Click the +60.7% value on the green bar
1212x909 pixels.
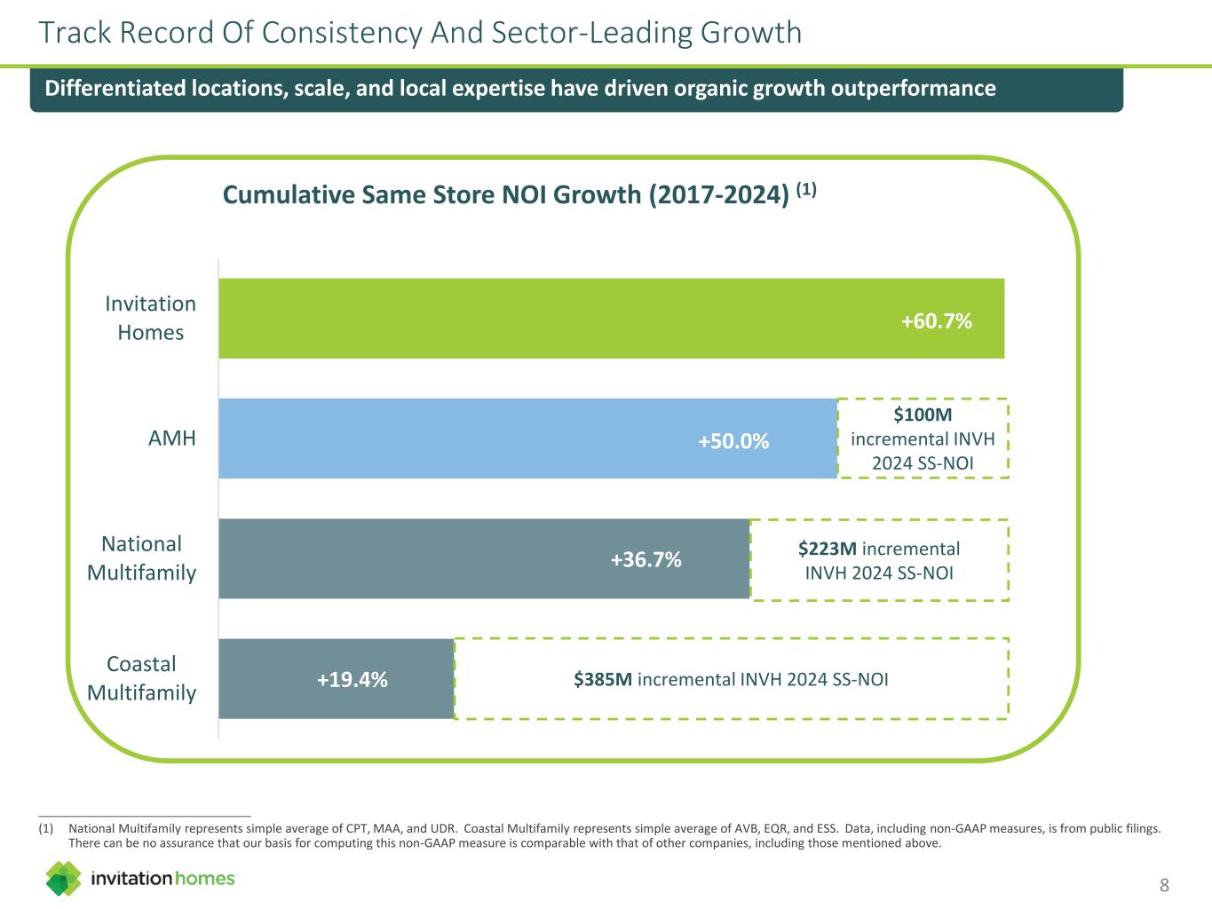936,320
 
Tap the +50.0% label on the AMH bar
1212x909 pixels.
733,441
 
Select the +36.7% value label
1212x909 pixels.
646,559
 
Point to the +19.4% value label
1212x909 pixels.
352,679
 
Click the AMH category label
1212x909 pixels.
172,439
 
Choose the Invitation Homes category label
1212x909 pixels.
150,318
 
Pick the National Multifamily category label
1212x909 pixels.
141,558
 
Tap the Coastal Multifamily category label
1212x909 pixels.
141,678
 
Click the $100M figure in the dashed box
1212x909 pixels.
923,415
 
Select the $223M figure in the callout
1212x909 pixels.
827,549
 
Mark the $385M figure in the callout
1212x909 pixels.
602,680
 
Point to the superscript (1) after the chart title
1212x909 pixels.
805,189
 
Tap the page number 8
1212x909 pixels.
1164,884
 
